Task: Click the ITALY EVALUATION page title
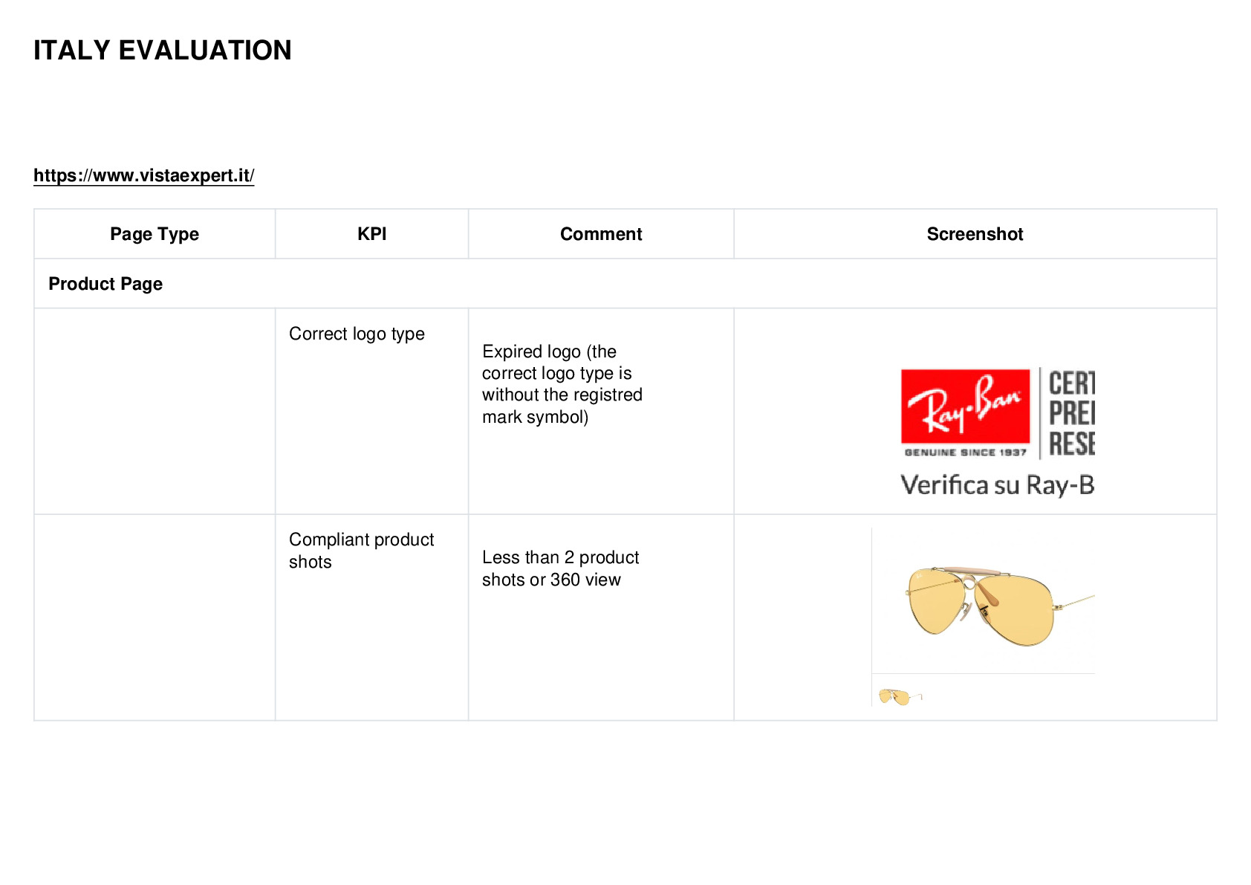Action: coord(163,51)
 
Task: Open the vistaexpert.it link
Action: coord(144,175)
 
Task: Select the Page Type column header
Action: coord(155,234)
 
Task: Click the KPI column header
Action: coord(372,234)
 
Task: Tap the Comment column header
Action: coord(601,234)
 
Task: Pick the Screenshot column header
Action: coord(975,234)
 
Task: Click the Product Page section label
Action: coord(105,284)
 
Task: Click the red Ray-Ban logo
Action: coord(965,406)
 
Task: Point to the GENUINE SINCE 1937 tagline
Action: coord(966,453)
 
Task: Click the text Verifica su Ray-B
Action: coord(998,485)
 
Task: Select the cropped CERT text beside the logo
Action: coord(1072,383)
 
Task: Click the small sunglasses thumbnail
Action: coord(899,697)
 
